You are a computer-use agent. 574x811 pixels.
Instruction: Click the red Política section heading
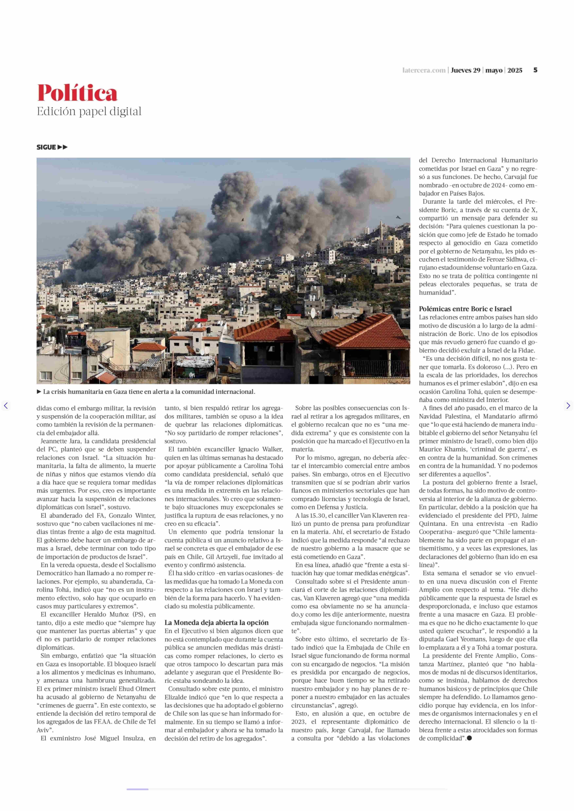tap(77, 93)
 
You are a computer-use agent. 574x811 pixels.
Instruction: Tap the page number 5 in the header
tap(535, 70)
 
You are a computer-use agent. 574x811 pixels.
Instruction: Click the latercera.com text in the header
tap(424, 70)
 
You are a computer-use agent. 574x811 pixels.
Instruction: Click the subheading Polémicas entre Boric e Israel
tap(465, 309)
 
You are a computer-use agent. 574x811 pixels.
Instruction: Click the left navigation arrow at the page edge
tap(6, 405)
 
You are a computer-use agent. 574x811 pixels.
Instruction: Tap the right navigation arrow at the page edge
tap(568, 405)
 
